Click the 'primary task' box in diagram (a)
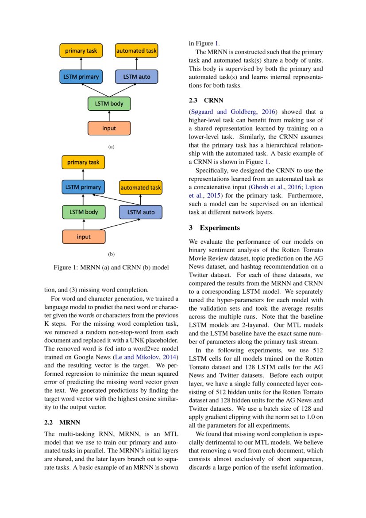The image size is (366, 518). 81,51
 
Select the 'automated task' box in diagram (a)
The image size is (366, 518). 136,51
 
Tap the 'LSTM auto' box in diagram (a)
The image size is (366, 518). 136,77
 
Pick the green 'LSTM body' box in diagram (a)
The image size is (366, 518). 109,104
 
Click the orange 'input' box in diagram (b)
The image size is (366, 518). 84,237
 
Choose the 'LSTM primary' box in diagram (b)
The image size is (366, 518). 83,187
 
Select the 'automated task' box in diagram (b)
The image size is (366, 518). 140,187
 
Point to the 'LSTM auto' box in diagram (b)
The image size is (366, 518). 141,212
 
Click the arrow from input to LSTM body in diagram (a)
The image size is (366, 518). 109,116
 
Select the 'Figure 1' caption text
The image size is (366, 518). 111,268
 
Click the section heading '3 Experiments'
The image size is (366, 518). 214,228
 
